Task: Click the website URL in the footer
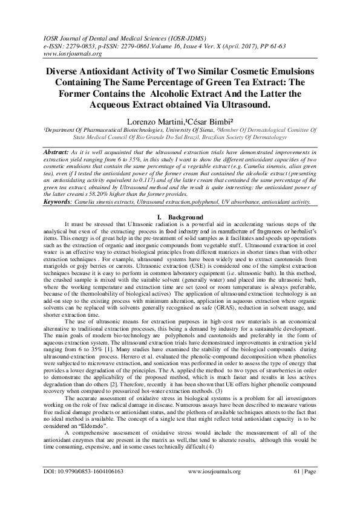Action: (215, 488)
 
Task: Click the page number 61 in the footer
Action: (296, 488)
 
